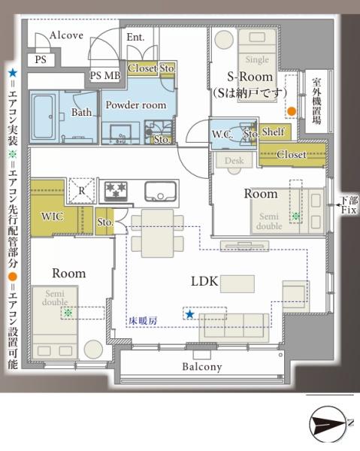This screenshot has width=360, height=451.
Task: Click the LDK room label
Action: pos(204,281)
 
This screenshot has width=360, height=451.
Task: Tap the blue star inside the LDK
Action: pos(189,314)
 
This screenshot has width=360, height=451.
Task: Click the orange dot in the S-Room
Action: pos(292,110)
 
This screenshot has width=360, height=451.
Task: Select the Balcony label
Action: pos(202,367)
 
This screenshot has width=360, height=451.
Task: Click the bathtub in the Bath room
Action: pos(44,117)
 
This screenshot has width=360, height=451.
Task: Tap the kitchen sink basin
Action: pos(160,191)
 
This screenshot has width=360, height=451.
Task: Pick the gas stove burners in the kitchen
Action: pos(116,190)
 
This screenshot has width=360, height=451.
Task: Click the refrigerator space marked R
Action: pos(82,190)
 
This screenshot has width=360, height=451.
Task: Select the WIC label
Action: pos(52,216)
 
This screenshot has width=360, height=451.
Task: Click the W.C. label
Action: pos(222,134)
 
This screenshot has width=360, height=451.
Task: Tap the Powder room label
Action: pos(136,105)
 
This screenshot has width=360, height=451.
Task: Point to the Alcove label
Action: pos(66,35)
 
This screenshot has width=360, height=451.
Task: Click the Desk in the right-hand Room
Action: pos(234,161)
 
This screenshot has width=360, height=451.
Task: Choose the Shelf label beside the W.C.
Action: pos(273,132)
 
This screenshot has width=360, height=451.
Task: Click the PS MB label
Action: pos(105,76)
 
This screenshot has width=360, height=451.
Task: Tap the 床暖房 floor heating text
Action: pos(143,321)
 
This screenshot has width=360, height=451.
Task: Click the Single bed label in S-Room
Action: pos(257,59)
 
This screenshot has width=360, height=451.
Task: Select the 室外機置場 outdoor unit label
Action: pos(316,101)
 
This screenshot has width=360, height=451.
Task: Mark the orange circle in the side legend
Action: pos(12,277)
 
